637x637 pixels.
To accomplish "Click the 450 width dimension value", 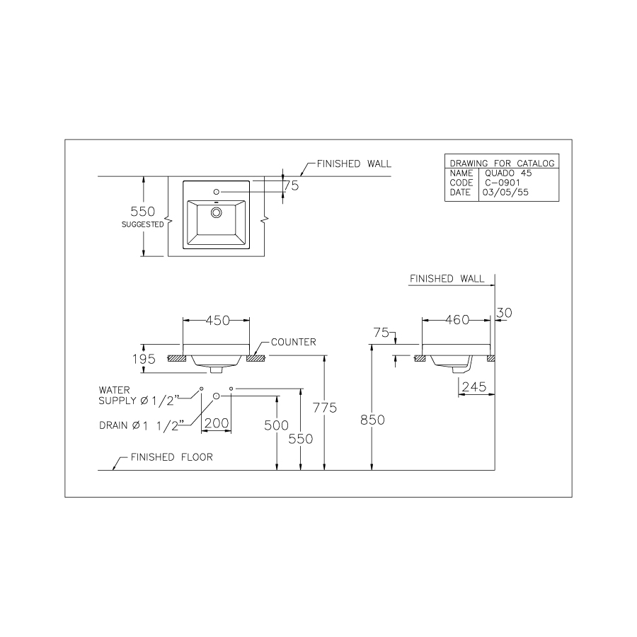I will [x=217, y=320].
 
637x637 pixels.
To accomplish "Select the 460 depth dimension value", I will [x=457, y=320].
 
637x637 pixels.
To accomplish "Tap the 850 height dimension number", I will [x=372, y=420].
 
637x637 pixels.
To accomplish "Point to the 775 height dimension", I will [x=326, y=408].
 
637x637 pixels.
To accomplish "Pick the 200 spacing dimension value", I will [x=216, y=423].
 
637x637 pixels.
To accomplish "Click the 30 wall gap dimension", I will [x=504, y=312].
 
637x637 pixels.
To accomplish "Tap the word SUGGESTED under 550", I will [x=143, y=224].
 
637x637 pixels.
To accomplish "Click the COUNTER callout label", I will [x=293, y=342].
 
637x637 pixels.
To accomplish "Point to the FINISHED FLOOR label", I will [x=171, y=457].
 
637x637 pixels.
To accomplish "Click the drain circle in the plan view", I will [x=217, y=210].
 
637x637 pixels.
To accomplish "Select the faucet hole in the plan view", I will [x=217, y=192].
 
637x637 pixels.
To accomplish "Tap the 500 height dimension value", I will [x=277, y=425].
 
